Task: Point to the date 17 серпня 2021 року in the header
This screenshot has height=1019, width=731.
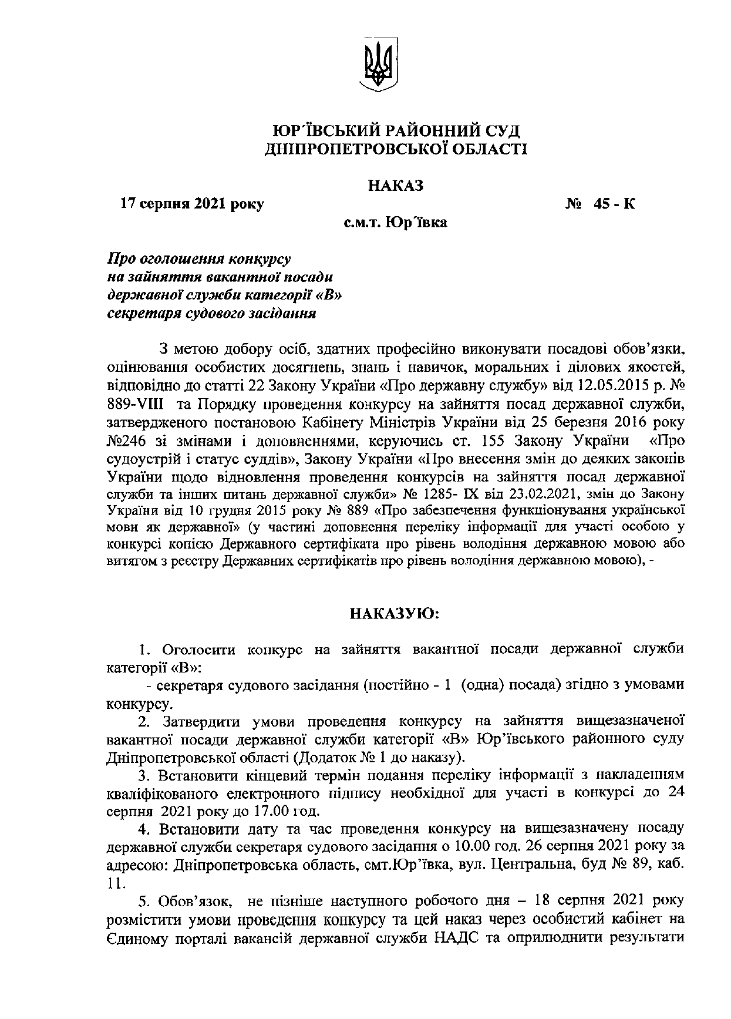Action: coord(192,204)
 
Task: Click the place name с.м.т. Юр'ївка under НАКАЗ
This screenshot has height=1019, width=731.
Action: coord(395,223)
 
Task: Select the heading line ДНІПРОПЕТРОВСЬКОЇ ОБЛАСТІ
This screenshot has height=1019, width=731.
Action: coord(397,149)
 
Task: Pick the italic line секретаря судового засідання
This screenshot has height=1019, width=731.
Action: coord(211,313)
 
